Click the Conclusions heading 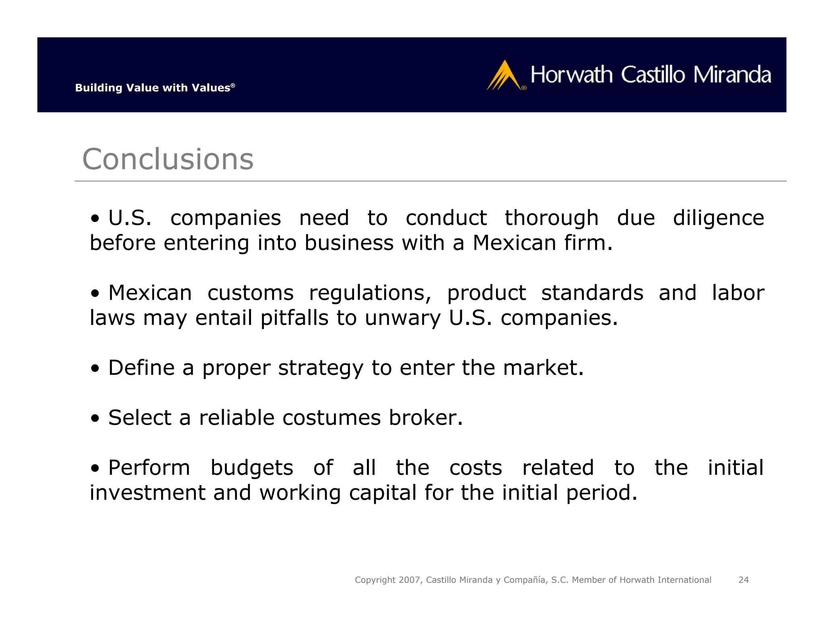(x=168, y=159)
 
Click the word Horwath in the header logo (x=571, y=75)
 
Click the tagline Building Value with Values (x=155, y=88)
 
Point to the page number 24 (x=743, y=580)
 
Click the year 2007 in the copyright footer (x=410, y=580)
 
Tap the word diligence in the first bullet (x=718, y=219)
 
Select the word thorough (x=552, y=219)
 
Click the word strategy (x=321, y=368)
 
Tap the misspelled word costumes (x=331, y=418)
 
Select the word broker (x=426, y=418)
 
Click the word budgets (x=252, y=468)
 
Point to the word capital (x=382, y=493)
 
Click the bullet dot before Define (x=95, y=368)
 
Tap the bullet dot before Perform (x=95, y=468)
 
